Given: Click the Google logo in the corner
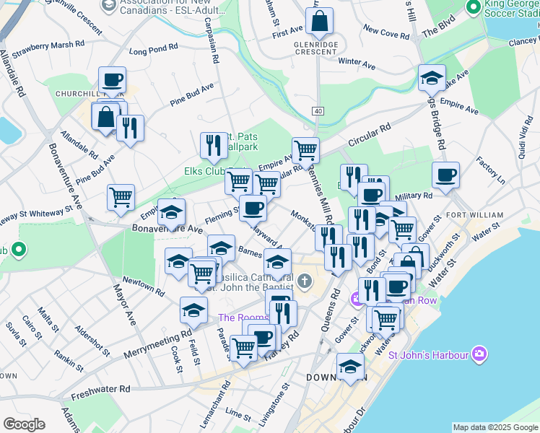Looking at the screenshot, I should point(24,424).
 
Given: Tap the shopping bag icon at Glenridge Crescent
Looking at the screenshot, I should point(319,22).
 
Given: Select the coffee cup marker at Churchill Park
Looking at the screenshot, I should point(112,81).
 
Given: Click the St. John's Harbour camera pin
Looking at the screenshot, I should point(479,354).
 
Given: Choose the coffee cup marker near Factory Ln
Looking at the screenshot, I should point(445,175).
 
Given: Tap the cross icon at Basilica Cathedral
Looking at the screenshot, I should point(304,280).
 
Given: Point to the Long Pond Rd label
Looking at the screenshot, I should point(153,50).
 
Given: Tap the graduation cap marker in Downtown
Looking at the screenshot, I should point(350,368).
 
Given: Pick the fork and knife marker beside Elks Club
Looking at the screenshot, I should point(213,146).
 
